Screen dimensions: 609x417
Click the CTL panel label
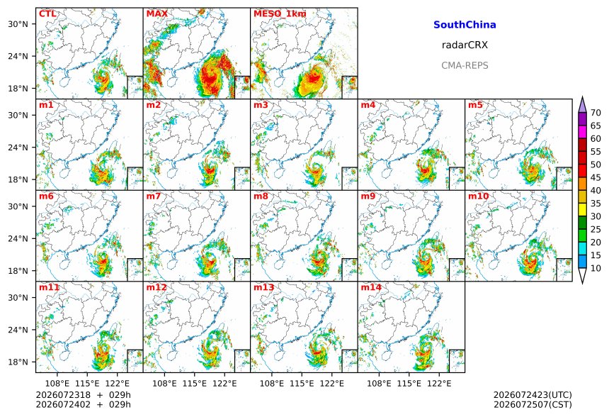[47, 14]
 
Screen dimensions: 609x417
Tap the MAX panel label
[157, 14]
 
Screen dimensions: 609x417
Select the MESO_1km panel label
[280, 14]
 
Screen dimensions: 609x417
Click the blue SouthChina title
[465, 25]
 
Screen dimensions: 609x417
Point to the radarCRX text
[465, 45]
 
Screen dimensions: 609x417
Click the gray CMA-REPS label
[465, 65]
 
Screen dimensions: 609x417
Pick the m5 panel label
[475, 105]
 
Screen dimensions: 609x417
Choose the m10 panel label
[478, 196]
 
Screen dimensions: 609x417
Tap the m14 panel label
[371, 287]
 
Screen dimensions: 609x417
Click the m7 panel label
[154, 196]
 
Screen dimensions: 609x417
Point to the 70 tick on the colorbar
[596, 113]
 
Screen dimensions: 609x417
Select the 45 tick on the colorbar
[596, 177]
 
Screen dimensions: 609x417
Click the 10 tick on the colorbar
[596, 268]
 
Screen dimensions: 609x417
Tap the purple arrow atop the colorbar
[582, 104]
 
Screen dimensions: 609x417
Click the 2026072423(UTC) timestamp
[533, 395]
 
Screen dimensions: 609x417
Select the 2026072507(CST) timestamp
[533, 404]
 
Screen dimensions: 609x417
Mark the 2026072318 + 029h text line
[83, 395]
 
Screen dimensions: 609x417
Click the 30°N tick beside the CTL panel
[18, 24]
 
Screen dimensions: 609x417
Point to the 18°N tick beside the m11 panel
[18, 362]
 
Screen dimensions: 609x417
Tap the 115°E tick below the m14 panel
[409, 384]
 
